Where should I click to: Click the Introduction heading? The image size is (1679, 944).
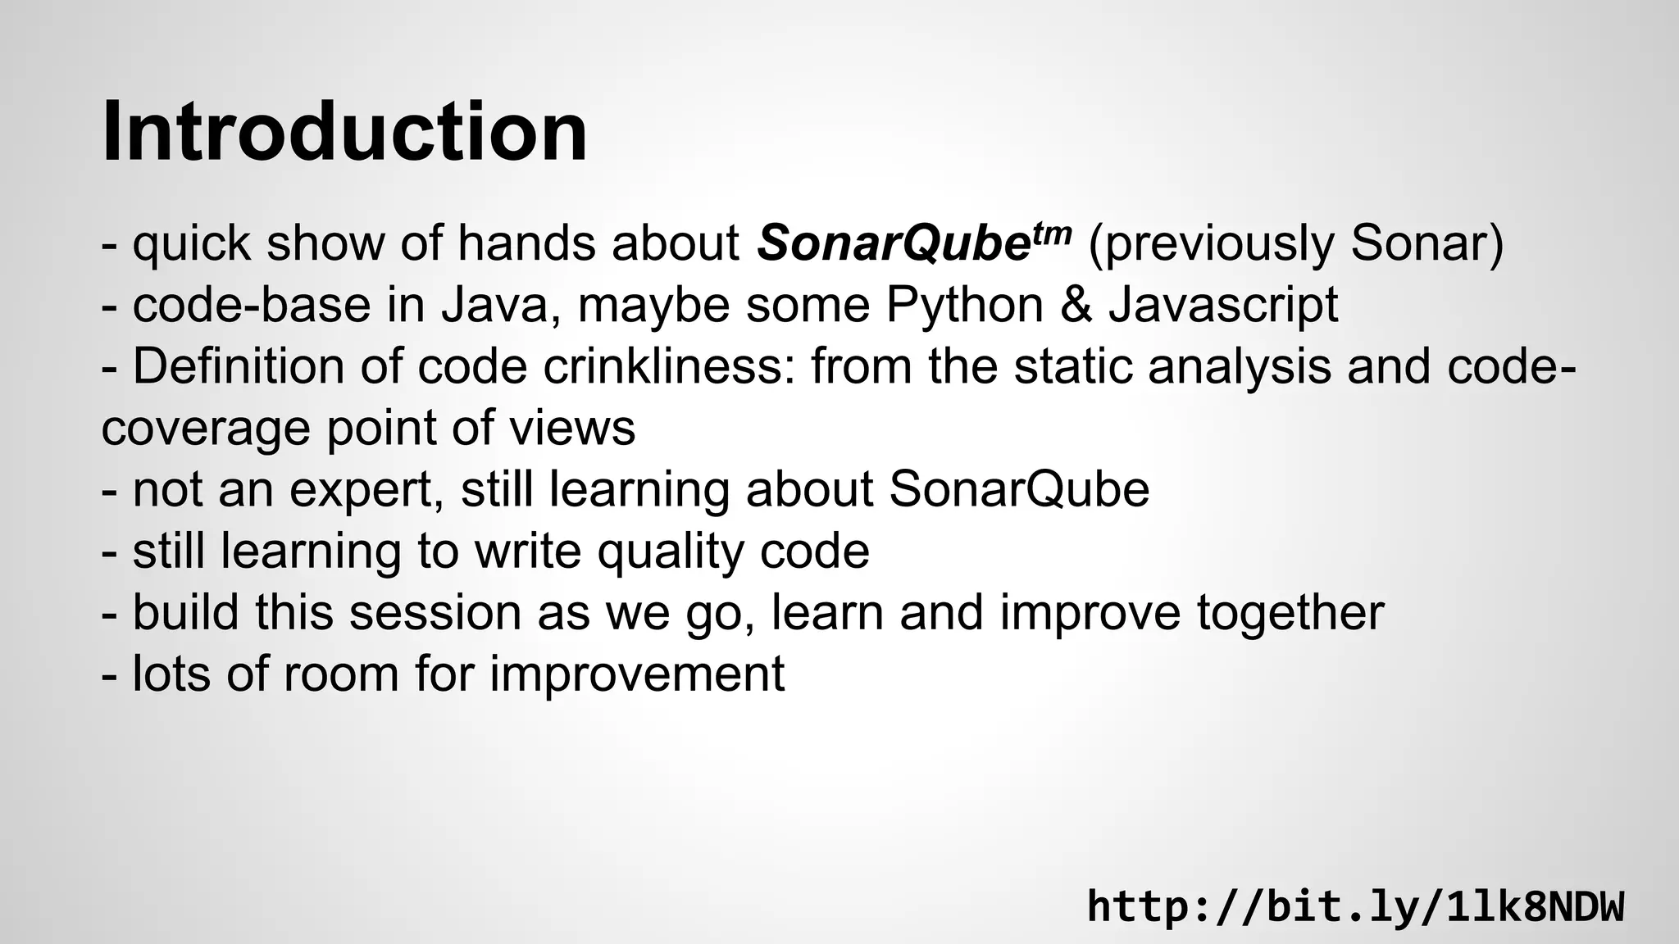(x=344, y=131)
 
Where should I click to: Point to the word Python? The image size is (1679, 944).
(x=963, y=305)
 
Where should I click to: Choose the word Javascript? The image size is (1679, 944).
(x=1223, y=305)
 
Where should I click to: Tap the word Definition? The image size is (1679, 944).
(x=239, y=366)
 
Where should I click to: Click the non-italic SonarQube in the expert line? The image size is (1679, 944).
(x=1019, y=489)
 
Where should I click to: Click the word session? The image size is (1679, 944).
(x=435, y=612)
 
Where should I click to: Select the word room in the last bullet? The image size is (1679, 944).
(x=340, y=674)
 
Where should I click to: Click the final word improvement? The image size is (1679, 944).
(x=637, y=674)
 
